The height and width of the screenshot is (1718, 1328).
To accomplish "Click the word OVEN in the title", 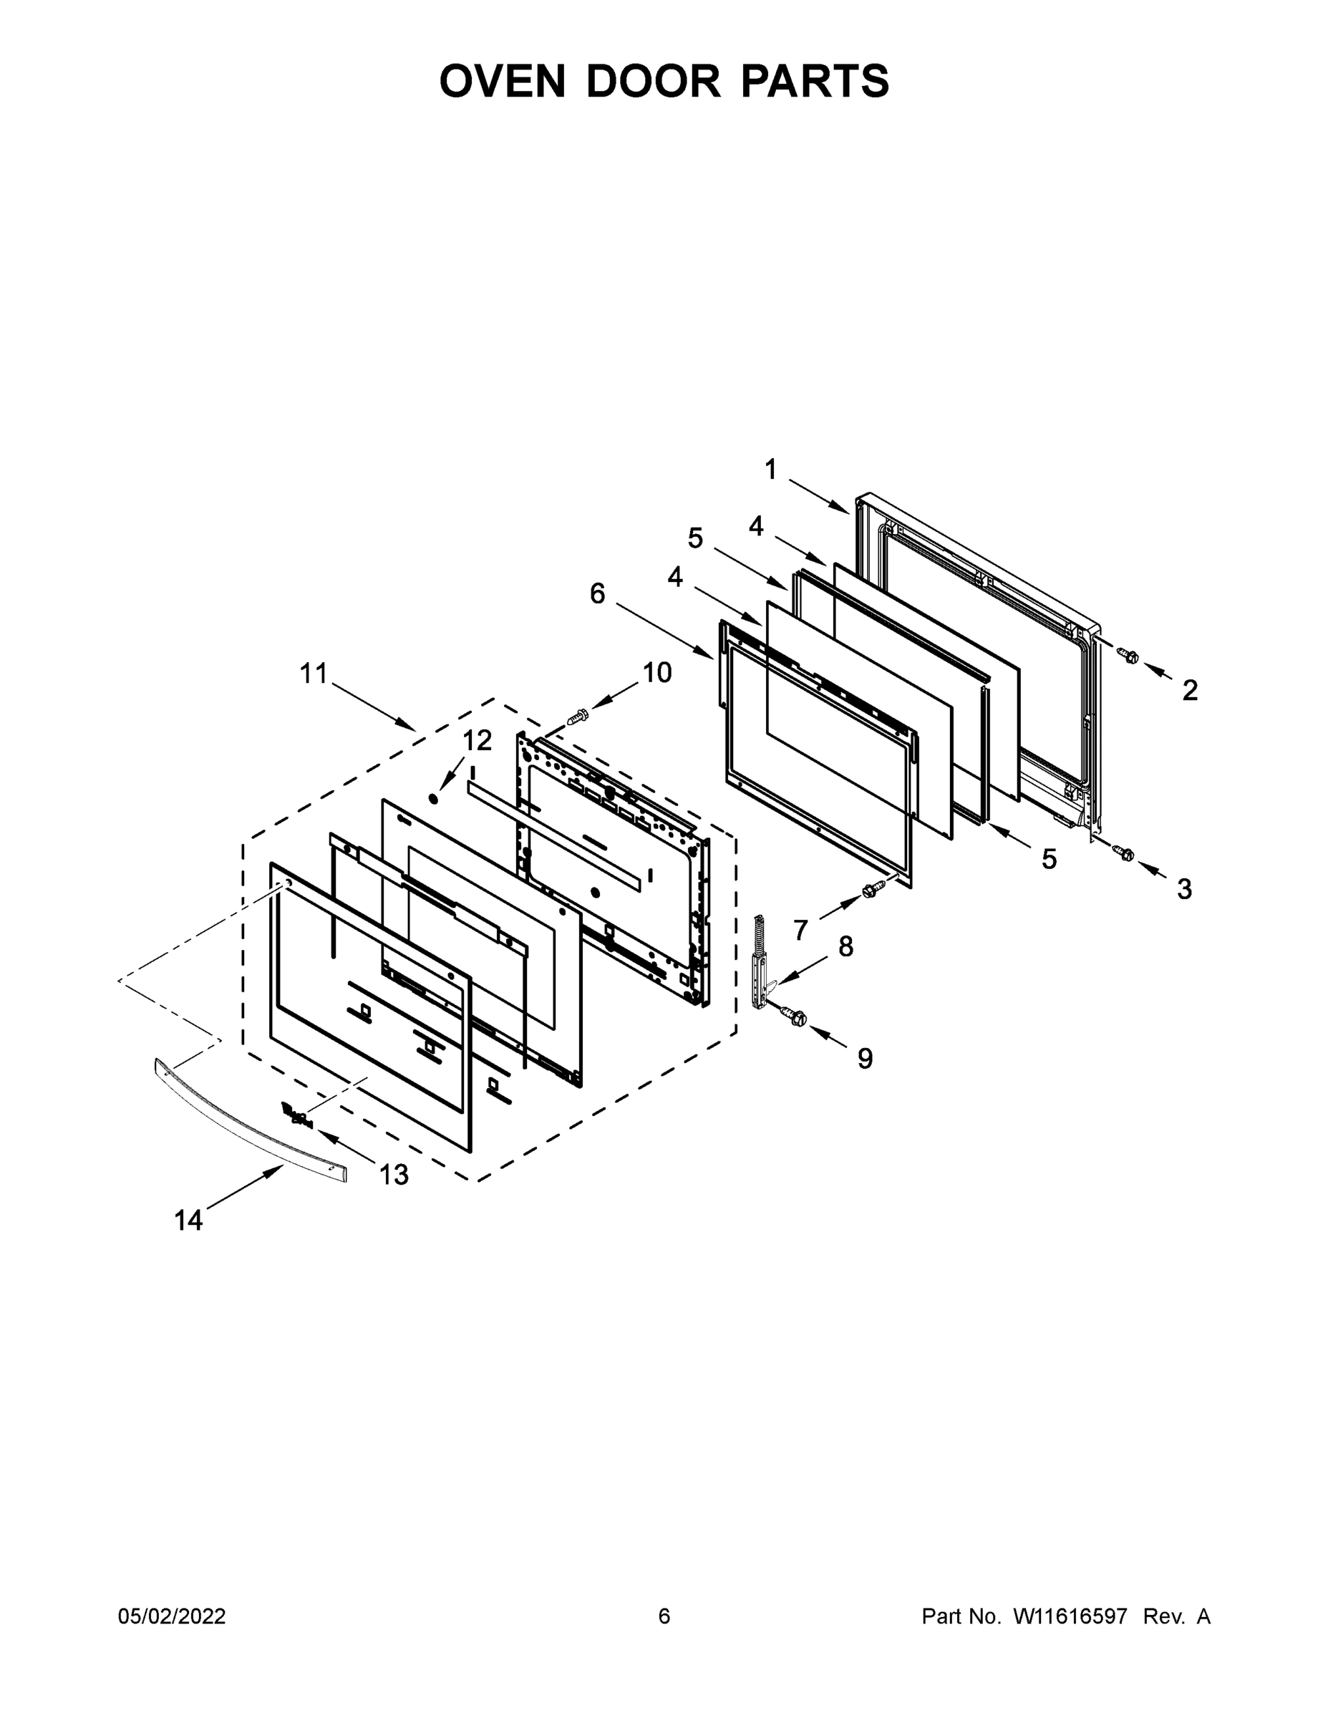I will point(502,81).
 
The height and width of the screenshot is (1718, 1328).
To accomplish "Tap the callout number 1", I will point(770,470).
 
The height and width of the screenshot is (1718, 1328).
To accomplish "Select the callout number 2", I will point(1190,691).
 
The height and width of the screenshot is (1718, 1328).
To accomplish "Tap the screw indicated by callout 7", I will point(874,890).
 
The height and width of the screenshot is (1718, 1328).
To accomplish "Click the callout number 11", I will point(313,674).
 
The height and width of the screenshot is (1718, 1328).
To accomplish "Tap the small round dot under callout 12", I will point(432,798).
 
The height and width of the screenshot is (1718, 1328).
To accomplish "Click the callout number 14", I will point(188,1220).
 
